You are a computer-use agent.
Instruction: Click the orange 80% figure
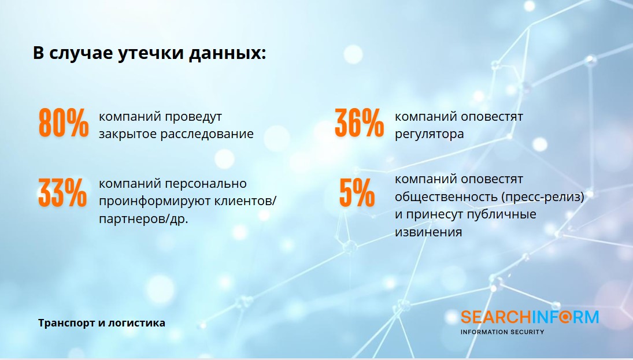pos(64,123)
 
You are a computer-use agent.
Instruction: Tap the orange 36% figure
pos(360,123)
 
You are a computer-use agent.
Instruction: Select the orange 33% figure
pos(62,193)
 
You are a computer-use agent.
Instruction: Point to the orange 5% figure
pos(357,193)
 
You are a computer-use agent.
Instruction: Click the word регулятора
pos(429,134)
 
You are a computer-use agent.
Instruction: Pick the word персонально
pos(206,184)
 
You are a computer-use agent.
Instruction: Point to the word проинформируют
pos(154,201)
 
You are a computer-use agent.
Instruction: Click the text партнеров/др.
pos(143,219)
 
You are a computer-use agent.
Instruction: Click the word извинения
pos(428,232)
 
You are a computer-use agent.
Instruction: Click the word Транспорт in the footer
pos(66,323)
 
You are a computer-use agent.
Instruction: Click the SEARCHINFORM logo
pos(530,317)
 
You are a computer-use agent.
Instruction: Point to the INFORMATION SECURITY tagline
pos(502,332)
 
